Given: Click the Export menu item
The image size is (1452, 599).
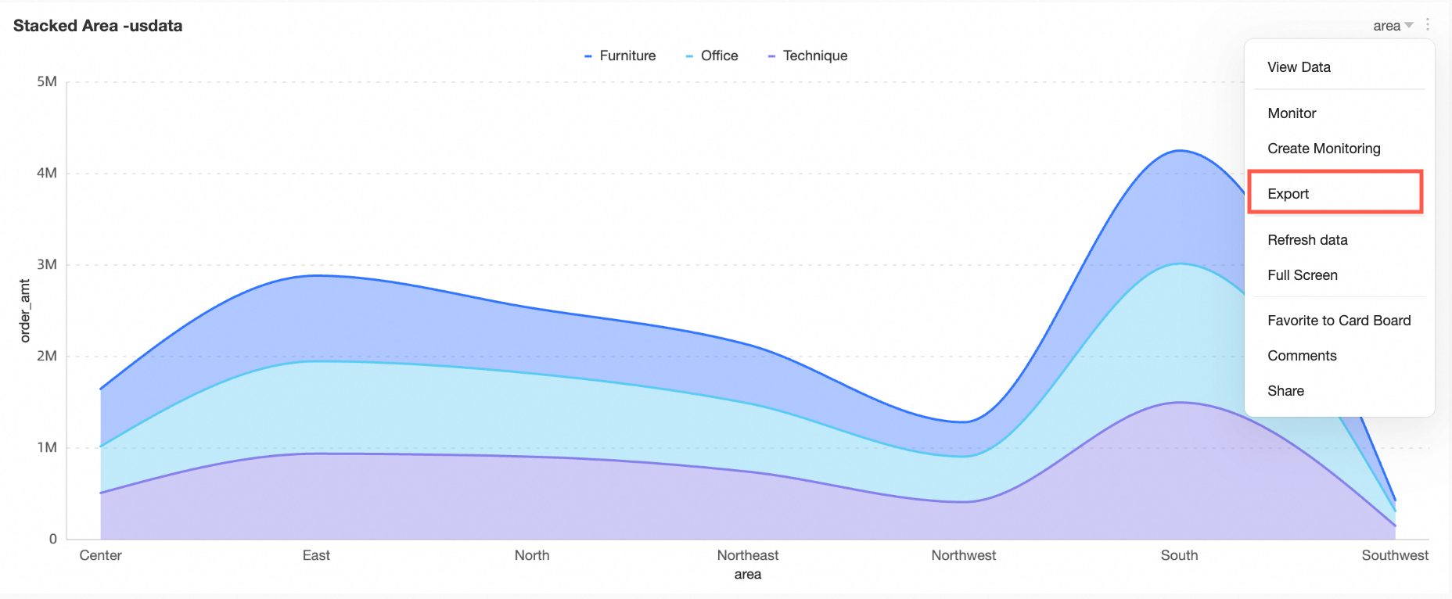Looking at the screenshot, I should (x=1288, y=194).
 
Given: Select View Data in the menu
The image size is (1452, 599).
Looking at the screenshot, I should (x=1299, y=67).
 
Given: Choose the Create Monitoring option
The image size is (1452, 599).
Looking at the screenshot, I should (x=1324, y=149).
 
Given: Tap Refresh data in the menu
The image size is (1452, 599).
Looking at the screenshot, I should (x=1307, y=240).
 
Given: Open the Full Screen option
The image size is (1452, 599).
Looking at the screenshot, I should (x=1303, y=275).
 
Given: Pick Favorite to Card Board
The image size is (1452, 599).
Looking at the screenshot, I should (x=1339, y=321).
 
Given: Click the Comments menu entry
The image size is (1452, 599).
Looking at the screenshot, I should (x=1302, y=356).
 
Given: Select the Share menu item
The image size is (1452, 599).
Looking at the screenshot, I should (x=1285, y=391).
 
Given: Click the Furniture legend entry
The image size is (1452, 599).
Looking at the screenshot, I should (x=627, y=56).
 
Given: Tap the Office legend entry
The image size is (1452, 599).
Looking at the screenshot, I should (x=718, y=56).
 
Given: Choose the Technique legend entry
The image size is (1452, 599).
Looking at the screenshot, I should (x=814, y=56).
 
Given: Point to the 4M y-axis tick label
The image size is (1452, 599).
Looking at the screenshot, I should (x=47, y=173).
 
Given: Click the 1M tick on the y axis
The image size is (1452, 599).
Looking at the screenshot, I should (x=47, y=447).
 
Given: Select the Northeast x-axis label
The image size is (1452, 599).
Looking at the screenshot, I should (x=748, y=555).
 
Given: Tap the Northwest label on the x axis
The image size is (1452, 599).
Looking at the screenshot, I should (x=963, y=555).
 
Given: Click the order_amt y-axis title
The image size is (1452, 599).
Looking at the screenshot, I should (x=25, y=310).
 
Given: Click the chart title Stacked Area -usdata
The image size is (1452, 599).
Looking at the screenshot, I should (x=98, y=26).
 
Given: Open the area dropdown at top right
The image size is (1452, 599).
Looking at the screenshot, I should (x=1393, y=26).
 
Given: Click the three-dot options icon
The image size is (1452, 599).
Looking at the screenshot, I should (x=1428, y=25).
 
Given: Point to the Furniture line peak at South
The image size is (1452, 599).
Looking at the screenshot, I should (x=1180, y=151).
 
